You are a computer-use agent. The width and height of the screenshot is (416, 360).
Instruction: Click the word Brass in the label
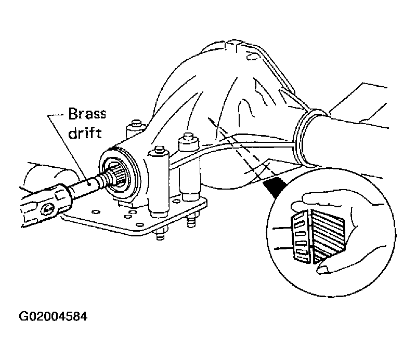(x=87, y=114)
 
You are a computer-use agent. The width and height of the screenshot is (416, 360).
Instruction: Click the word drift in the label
(x=85, y=132)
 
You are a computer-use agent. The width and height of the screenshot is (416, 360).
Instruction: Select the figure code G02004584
(x=53, y=316)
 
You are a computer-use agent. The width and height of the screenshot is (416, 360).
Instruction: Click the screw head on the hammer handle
(x=47, y=210)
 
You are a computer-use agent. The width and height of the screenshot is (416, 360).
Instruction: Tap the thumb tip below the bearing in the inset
(x=322, y=270)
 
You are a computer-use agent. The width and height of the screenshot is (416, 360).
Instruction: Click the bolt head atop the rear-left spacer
(x=136, y=123)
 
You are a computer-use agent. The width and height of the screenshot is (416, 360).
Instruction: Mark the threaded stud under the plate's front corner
(x=160, y=234)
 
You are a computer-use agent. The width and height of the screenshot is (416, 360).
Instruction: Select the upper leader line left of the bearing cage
(x=283, y=228)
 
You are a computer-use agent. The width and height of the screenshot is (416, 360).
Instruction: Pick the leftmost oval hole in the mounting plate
(x=95, y=212)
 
